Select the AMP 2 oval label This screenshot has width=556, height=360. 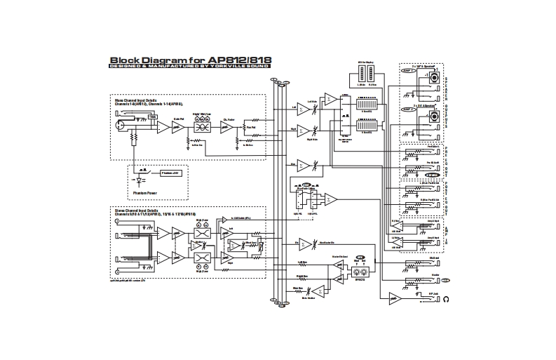coord(409,110)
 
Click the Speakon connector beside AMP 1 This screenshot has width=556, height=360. coord(435,77)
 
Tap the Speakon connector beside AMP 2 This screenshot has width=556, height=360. coord(435,115)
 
